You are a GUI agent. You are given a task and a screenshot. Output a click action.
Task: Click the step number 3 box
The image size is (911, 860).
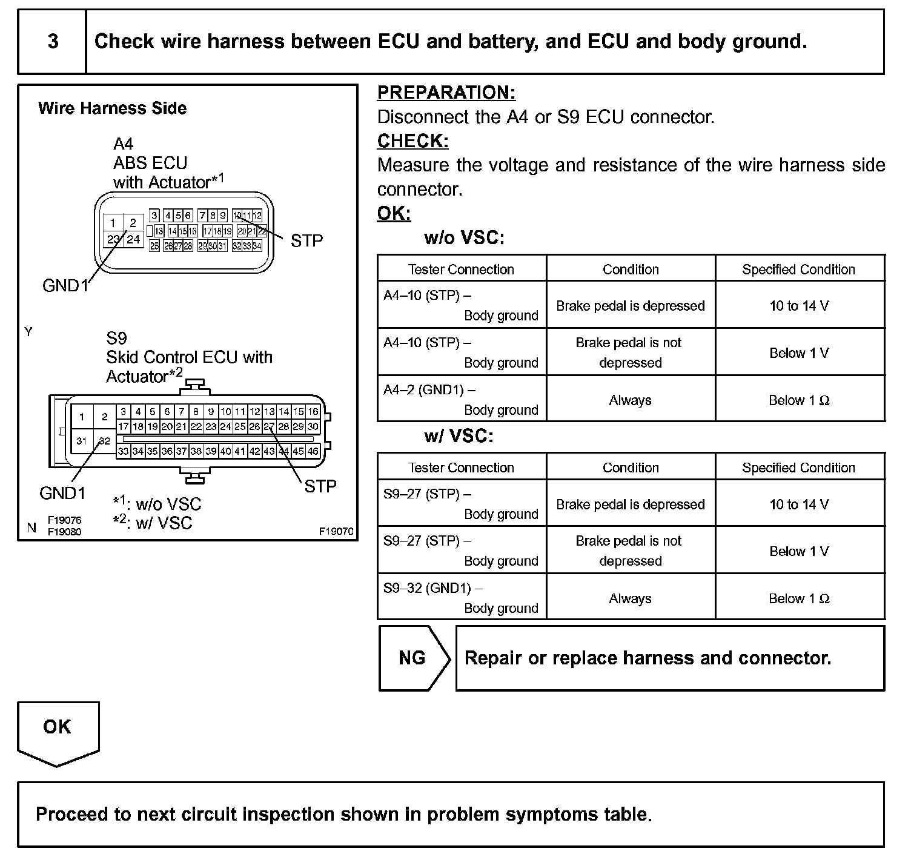pyautogui.click(x=53, y=41)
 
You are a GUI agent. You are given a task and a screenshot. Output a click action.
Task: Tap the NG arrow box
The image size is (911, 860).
pyautogui.click(x=413, y=658)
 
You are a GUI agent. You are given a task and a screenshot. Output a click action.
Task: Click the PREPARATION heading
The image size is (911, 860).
pyautogui.click(x=446, y=93)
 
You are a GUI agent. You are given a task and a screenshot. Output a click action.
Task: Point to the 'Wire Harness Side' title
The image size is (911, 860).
pyautogui.click(x=112, y=108)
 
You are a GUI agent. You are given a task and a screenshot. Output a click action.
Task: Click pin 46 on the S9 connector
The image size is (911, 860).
pyautogui.click(x=313, y=451)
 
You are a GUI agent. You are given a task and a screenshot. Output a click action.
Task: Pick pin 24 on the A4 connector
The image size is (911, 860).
pyautogui.click(x=133, y=239)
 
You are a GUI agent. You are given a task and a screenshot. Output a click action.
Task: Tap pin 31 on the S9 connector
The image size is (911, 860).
pyautogui.click(x=82, y=441)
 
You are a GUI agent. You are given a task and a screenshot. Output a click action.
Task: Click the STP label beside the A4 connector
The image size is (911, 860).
pyautogui.click(x=306, y=241)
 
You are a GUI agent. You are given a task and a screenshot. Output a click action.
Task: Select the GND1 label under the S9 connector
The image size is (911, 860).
pyautogui.click(x=62, y=494)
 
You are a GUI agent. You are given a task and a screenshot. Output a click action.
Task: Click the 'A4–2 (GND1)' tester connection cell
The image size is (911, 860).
pyautogui.click(x=462, y=400)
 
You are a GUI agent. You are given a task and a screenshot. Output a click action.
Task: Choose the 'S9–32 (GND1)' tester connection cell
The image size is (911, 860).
pyautogui.click(x=462, y=598)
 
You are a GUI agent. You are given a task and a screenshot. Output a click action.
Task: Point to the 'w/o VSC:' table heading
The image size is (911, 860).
pyautogui.click(x=465, y=238)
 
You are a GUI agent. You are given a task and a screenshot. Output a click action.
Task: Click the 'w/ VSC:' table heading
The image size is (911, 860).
pyautogui.click(x=459, y=437)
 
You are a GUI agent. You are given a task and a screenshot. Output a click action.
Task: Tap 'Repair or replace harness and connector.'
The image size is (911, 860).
pyautogui.click(x=648, y=658)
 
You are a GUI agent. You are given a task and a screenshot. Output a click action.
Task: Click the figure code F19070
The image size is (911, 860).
pyautogui.click(x=336, y=532)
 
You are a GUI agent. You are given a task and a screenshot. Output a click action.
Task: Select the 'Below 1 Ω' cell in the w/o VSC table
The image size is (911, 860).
pyautogui.click(x=799, y=400)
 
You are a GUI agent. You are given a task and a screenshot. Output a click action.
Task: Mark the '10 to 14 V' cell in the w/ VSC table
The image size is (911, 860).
pyautogui.click(x=799, y=504)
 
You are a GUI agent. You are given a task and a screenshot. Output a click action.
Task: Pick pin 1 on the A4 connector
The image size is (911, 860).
pyautogui.click(x=113, y=223)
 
